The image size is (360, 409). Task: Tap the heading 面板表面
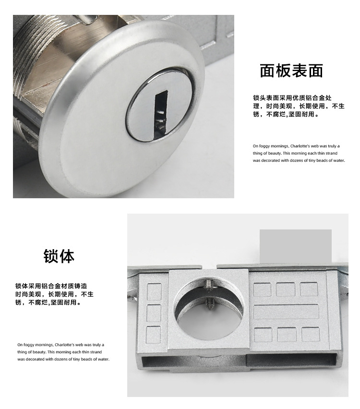291,71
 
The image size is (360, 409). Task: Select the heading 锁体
59,256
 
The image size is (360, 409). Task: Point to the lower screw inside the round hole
210,303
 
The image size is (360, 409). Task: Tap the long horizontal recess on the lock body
286,312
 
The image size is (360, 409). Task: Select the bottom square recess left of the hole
154,334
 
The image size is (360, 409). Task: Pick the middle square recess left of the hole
154,313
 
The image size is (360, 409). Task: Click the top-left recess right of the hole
262,289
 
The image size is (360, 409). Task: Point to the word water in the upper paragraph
338,160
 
